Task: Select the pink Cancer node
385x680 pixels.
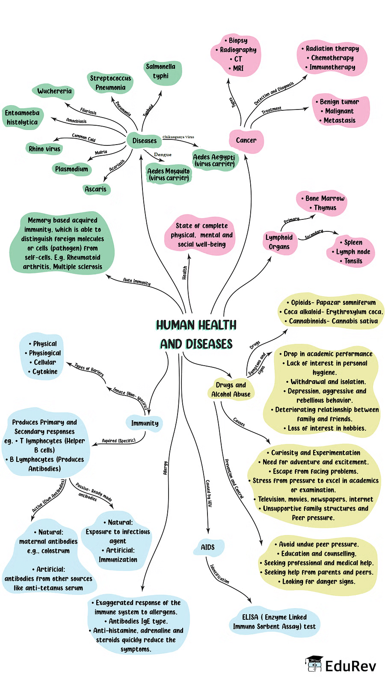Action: (x=246, y=141)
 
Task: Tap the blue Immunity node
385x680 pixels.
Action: (x=145, y=423)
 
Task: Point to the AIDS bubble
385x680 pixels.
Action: (x=208, y=547)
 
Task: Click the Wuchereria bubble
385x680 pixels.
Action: (x=54, y=91)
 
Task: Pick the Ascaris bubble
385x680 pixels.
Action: (x=96, y=189)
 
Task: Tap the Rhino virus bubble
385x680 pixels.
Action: (x=44, y=149)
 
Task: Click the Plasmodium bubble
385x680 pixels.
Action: (x=71, y=169)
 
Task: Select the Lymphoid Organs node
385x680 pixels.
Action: (x=279, y=242)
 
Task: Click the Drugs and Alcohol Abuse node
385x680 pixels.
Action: (x=231, y=390)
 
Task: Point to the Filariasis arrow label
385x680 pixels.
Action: (x=89, y=112)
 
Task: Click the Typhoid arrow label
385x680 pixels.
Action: (x=148, y=111)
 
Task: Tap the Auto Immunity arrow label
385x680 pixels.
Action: (x=136, y=281)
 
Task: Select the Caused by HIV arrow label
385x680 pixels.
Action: (x=209, y=493)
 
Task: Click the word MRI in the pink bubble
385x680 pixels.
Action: (x=238, y=68)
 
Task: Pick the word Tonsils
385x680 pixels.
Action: (x=353, y=261)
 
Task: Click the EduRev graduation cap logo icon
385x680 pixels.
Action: (x=314, y=664)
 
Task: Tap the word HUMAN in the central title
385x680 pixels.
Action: (x=175, y=325)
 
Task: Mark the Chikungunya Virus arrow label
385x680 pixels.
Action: (x=178, y=137)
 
